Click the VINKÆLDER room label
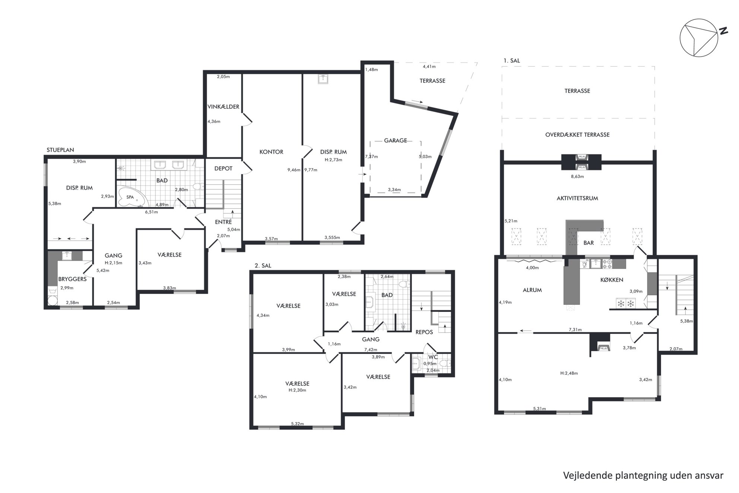click(x=223, y=107)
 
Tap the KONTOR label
click(x=271, y=152)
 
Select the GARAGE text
click(x=396, y=140)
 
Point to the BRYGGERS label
click(x=72, y=279)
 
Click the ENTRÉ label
click(x=223, y=222)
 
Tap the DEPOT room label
click(x=223, y=168)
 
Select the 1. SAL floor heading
click(x=512, y=60)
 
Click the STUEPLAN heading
click(x=60, y=150)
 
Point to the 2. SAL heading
click(x=263, y=266)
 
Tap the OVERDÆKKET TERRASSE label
click(x=577, y=135)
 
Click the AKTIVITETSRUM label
click(x=577, y=198)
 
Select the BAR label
click(x=589, y=243)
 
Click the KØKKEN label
click(x=612, y=280)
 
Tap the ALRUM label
click(x=532, y=290)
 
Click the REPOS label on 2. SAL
click(x=424, y=332)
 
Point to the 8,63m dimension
click(x=577, y=177)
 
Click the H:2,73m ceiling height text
click(x=333, y=160)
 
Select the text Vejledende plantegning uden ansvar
click(x=643, y=475)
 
